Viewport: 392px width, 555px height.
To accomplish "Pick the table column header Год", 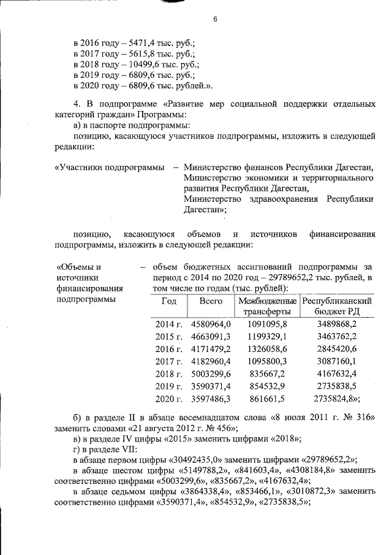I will tap(169, 302).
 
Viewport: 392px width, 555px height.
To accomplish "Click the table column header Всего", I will tap(210, 302).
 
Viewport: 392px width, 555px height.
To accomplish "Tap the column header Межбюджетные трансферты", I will tap(267, 307).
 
